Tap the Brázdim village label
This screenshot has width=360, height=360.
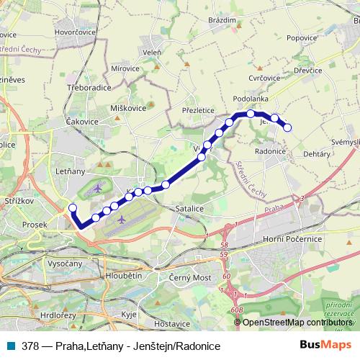coord(221,21)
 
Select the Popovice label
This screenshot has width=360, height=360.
coord(302,37)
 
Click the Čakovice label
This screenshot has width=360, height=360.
coord(81,122)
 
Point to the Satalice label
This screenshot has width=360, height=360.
coord(189,207)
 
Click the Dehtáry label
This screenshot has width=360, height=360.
coord(317,155)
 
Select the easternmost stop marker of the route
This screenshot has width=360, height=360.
coord(287,127)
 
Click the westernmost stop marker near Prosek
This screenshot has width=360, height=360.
coord(72,209)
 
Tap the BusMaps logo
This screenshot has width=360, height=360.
coord(325,344)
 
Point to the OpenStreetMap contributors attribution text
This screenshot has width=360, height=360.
coord(296,322)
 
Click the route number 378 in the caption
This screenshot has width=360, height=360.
coord(32,345)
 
